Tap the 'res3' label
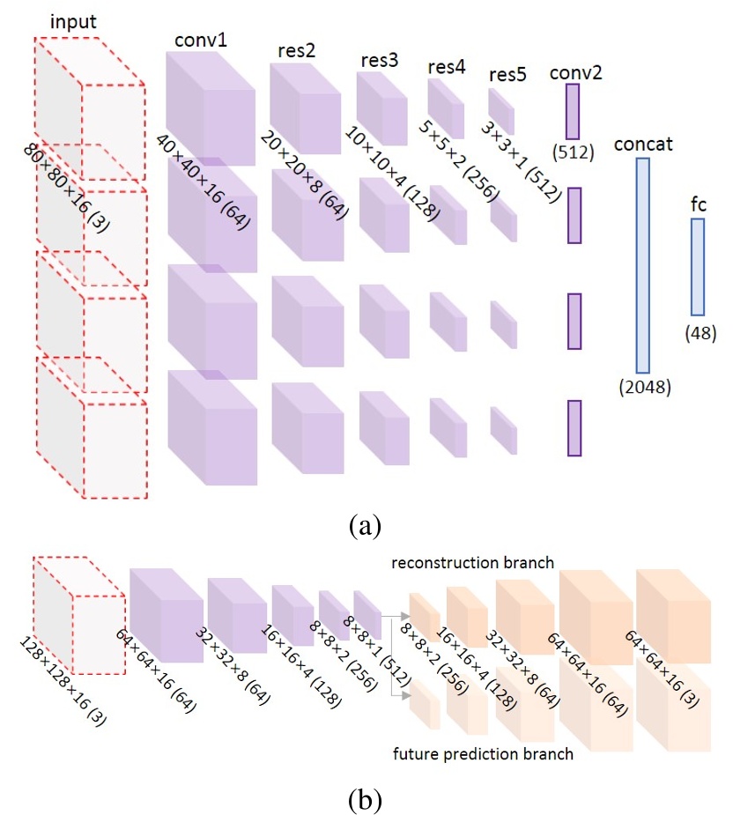[x=379, y=61]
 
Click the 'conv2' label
[x=575, y=70]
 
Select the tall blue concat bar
[x=642, y=265]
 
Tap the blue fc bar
[x=698, y=267]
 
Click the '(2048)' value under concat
[x=644, y=385]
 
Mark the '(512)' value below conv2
[x=574, y=152]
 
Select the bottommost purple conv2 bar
[x=574, y=428]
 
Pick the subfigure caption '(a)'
[x=365, y=526]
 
